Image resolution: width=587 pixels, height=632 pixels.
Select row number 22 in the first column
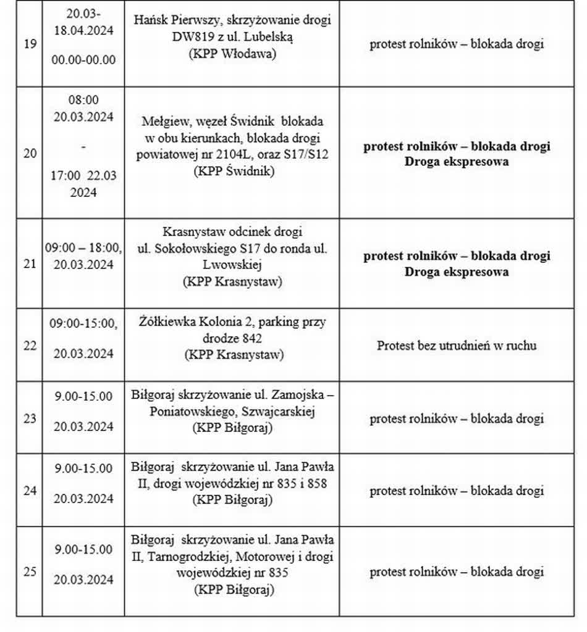pyautogui.click(x=30, y=346)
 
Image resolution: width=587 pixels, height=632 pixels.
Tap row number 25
pyautogui.click(x=30, y=572)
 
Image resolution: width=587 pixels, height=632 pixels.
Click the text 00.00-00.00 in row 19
pyautogui.click(x=83, y=60)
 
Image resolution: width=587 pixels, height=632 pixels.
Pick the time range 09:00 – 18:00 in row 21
pyautogui.click(x=83, y=248)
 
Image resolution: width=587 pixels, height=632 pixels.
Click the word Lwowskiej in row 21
pyautogui.click(x=232, y=265)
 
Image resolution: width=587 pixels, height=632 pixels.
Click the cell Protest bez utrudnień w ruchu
pyautogui.click(x=457, y=346)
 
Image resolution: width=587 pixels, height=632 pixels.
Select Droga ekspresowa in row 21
pyautogui.click(x=457, y=272)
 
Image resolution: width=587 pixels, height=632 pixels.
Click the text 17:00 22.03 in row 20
pyautogui.click(x=83, y=175)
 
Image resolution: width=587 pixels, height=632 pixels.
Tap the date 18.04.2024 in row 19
pyautogui.click(x=83, y=30)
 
